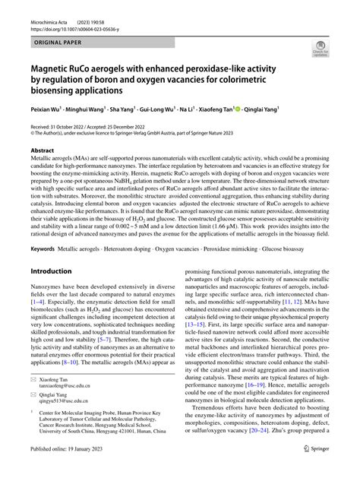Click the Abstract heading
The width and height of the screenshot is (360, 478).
pyautogui.click(x=42, y=150)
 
